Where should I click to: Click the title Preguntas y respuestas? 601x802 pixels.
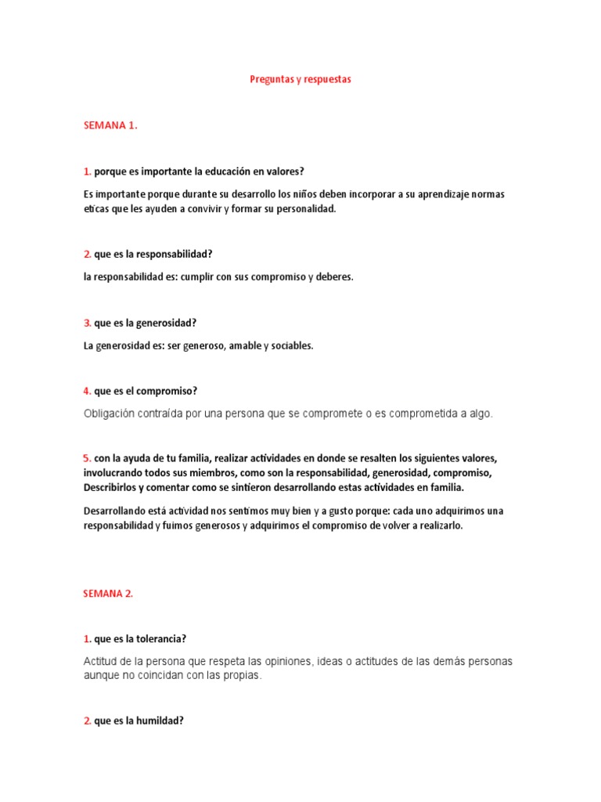click(x=300, y=80)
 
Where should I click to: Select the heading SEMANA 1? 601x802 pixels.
click(x=110, y=125)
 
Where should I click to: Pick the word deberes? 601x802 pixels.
click(x=334, y=276)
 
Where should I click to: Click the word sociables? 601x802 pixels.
click(x=292, y=345)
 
